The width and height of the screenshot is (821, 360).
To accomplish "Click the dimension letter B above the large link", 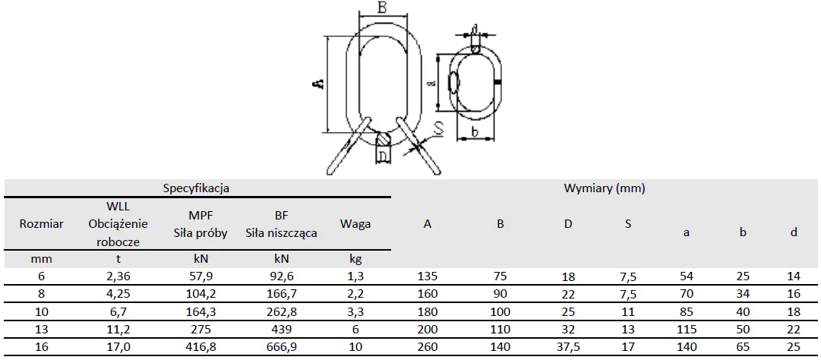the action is click(383, 8).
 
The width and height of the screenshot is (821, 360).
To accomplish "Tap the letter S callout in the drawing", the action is click(438, 129).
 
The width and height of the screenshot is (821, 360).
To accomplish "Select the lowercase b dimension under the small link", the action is click(475, 132).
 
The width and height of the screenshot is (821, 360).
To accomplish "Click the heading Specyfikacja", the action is click(196, 188).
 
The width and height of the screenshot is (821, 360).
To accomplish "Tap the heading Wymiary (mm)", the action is click(605, 188).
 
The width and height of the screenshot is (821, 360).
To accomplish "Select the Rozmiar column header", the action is click(41, 224).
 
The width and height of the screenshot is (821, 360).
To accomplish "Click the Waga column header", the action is click(355, 224).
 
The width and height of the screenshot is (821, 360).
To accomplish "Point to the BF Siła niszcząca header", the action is click(282, 224).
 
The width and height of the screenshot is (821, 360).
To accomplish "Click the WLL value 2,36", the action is click(118, 276).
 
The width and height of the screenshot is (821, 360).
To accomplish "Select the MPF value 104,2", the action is click(201, 294).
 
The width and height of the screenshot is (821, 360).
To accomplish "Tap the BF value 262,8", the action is click(282, 312).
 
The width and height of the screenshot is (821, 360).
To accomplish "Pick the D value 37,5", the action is click(568, 347).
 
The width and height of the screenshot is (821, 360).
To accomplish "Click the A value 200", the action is click(428, 330).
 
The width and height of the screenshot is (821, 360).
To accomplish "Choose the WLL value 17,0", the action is click(118, 347).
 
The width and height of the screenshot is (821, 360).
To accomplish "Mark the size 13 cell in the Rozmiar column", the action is click(41, 330).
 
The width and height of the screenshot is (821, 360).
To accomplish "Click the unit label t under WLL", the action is click(118, 259).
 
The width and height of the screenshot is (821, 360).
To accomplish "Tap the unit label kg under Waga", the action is click(355, 259).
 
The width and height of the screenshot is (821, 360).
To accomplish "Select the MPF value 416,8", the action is click(201, 347).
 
